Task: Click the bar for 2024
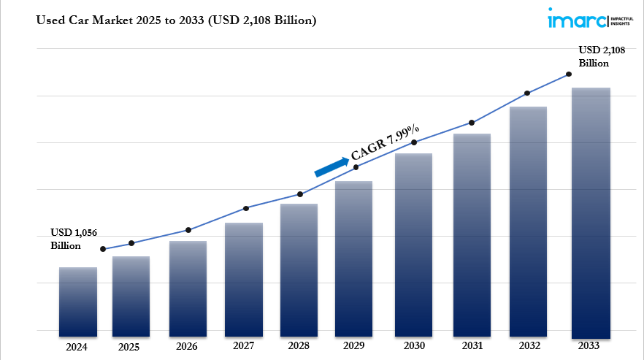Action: [78, 299]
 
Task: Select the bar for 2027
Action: [244, 277]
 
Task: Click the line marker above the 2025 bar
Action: [131, 243]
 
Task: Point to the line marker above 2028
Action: [299, 194]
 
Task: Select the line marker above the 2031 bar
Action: [472, 123]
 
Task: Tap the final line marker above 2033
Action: [568, 74]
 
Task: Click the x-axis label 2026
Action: [188, 346]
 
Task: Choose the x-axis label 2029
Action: [354, 345]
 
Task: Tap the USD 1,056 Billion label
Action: [73, 239]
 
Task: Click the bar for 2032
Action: [529, 219]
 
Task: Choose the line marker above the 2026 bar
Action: [188, 230]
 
